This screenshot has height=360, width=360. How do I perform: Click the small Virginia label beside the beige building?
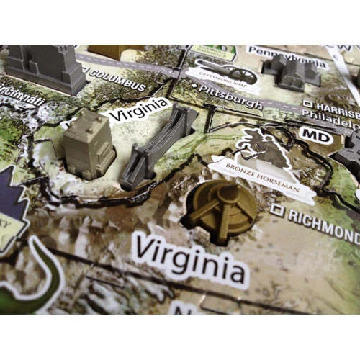[138, 112]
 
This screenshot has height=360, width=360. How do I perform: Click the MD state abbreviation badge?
[312, 135]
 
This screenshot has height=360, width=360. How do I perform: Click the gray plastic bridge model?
[157, 148]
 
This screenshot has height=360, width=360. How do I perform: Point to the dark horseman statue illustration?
[264, 148]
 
